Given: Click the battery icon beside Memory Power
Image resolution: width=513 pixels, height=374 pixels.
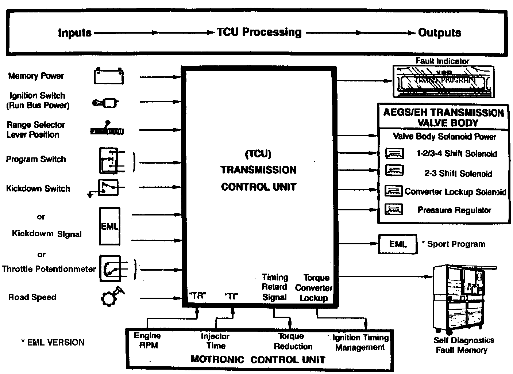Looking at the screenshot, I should click(x=109, y=76).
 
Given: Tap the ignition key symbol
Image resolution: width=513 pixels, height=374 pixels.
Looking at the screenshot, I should click(x=105, y=103).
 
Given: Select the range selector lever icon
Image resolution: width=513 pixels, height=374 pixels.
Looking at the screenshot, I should click(x=107, y=129).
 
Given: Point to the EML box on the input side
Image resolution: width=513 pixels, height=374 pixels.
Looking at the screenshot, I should click(x=109, y=226).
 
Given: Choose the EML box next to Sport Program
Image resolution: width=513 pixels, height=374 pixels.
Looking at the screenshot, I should click(x=397, y=244).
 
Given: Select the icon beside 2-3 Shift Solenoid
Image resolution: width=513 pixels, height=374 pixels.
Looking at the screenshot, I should click(x=394, y=171).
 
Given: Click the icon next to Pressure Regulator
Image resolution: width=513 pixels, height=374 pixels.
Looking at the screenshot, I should click(x=394, y=210).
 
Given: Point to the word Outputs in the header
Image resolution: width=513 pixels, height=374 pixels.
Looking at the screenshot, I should click(x=439, y=33).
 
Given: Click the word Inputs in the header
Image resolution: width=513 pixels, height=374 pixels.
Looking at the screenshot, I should click(x=74, y=33).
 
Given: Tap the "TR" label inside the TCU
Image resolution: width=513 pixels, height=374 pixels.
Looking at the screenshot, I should click(x=197, y=296).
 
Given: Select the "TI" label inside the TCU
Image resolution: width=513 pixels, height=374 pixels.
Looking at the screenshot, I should click(x=231, y=296).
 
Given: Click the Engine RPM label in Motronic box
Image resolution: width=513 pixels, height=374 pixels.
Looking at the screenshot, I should click(x=148, y=340).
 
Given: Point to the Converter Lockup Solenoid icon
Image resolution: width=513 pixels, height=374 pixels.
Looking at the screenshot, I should click(x=394, y=191).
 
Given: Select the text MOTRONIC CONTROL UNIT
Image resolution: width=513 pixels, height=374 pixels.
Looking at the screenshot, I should click(x=258, y=359).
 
